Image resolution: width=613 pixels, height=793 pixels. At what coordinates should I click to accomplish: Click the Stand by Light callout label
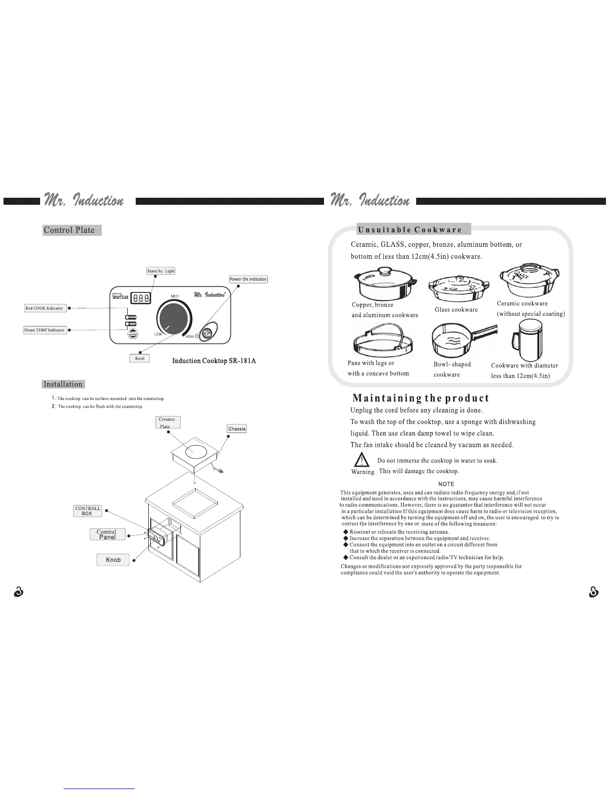coord(161,271)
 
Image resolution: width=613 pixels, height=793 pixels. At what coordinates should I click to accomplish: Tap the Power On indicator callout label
coord(248,279)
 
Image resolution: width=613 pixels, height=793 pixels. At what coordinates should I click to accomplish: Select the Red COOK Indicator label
coord(45,308)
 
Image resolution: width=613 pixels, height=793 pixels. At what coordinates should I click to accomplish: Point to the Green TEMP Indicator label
coord(45,330)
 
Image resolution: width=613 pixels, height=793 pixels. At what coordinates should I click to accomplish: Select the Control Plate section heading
coord(70,230)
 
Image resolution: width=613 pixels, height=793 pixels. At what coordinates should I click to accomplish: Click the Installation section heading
coord(63,384)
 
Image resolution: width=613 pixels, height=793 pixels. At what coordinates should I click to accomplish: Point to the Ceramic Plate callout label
coord(168,423)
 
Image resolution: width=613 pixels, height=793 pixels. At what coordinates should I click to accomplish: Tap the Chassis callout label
coord(237,429)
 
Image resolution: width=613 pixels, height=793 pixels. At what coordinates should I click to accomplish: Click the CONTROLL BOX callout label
coord(88,511)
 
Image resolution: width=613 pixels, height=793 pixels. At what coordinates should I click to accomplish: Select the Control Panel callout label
coord(107,535)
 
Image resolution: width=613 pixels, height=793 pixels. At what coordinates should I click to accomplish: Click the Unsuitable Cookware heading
coord(410,230)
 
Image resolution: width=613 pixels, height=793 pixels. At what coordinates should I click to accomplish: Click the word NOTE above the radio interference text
coord(446,484)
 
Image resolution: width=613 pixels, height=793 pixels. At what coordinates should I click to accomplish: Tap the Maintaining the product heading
coord(421,399)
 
